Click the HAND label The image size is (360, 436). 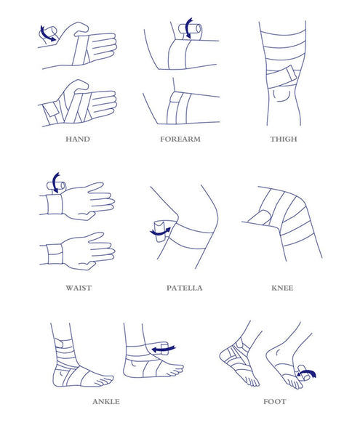77,138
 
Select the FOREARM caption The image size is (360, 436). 179,138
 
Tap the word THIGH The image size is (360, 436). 283,138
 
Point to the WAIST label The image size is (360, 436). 77,288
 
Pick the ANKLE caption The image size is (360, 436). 106,401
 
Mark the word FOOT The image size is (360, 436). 274,401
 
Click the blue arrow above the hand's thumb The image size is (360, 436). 47,33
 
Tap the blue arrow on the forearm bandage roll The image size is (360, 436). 191,28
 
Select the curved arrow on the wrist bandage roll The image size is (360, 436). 56,179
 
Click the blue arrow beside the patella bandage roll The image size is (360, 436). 159,232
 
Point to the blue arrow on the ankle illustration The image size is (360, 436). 164,350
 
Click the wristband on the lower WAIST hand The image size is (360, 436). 54,255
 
